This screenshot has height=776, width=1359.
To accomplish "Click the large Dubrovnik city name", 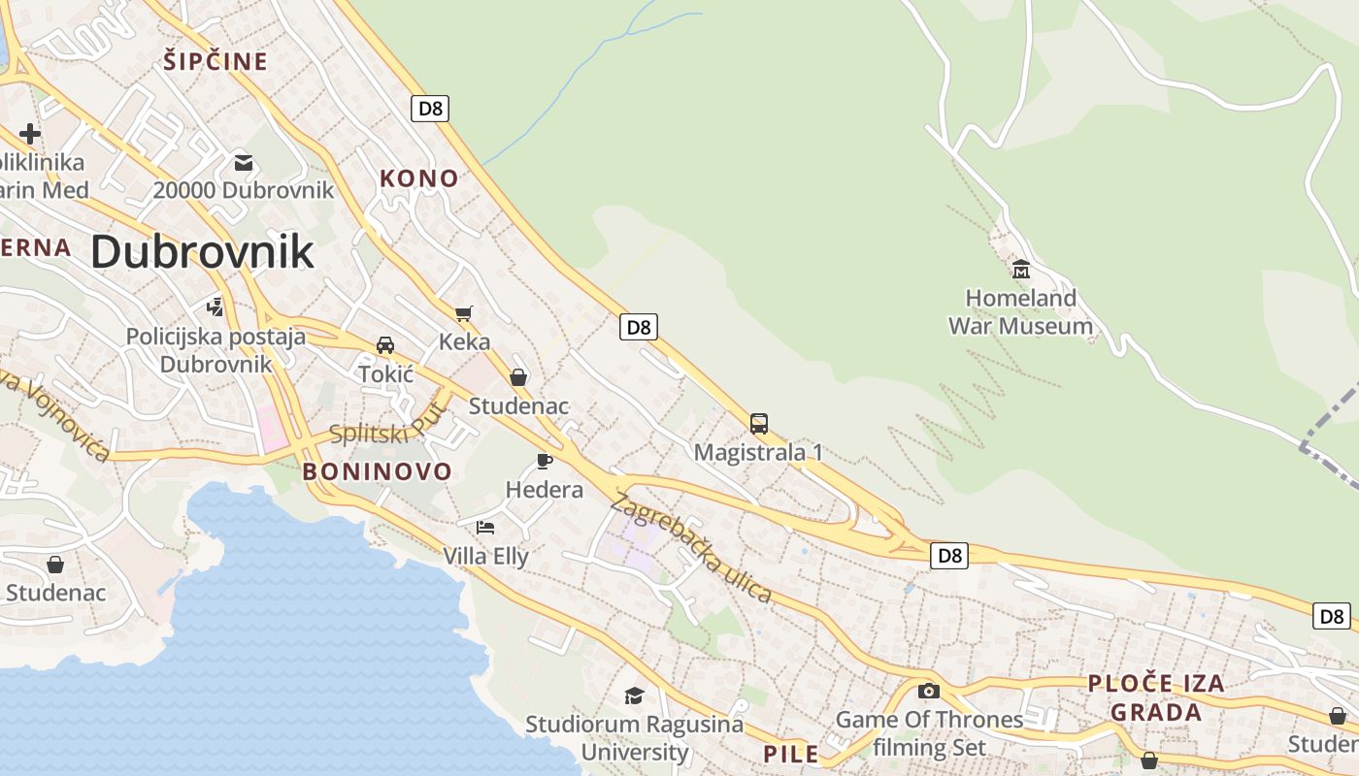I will click(x=202, y=251).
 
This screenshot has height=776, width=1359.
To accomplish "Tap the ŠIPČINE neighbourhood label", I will click(x=215, y=62).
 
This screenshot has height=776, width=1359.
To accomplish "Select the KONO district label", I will click(x=418, y=178).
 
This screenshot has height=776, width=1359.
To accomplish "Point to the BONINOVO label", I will click(x=377, y=472).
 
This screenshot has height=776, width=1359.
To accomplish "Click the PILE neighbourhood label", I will click(x=791, y=754).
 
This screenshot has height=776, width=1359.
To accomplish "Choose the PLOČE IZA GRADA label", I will click(x=1155, y=697).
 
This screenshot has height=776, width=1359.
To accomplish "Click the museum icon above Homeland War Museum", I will click(x=1020, y=269).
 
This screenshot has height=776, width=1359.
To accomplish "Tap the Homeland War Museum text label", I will click(x=1020, y=312).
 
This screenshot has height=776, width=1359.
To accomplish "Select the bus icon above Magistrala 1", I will click(x=758, y=424).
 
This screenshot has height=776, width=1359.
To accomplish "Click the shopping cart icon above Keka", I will click(x=464, y=313).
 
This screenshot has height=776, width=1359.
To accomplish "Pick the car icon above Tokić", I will click(x=385, y=345).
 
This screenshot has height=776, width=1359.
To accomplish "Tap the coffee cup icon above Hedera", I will click(x=544, y=461).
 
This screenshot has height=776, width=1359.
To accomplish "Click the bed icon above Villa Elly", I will click(x=485, y=528).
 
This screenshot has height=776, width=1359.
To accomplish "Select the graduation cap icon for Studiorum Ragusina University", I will click(x=634, y=695).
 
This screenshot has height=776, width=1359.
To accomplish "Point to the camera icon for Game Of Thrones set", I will click(x=929, y=691).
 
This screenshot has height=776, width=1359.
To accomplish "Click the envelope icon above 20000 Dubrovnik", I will click(x=243, y=162).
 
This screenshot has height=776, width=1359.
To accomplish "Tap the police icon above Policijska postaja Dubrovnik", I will click(x=215, y=307).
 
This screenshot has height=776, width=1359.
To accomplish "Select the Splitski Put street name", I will click(x=388, y=425).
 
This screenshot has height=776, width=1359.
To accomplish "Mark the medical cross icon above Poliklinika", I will click(x=30, y=134).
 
